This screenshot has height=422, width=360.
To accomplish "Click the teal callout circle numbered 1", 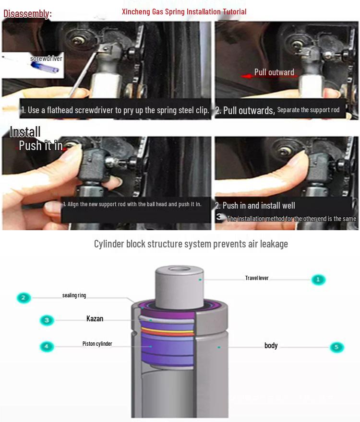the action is (x=318, y=280).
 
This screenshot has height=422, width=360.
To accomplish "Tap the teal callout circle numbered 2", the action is (x=24, y=298).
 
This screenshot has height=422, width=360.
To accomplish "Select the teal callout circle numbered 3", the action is (x=47, y=320).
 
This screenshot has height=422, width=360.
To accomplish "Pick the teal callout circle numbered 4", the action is (x=47, y=346).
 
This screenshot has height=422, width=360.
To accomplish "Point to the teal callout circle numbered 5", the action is (x=336, y=347).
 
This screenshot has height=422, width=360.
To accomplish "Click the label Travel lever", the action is (x=257, y=278).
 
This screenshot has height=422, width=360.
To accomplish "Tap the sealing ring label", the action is (x=74, y=295).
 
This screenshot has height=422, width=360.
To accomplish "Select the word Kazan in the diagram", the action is (x=95, y=318).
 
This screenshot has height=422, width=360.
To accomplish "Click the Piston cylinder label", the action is (x=97, y=344).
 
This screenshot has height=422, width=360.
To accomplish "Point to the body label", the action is (x=271, y=346).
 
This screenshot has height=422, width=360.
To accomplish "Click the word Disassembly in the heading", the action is (x=26, y=13).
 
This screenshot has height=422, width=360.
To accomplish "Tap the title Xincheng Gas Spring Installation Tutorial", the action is (x=184, y=12).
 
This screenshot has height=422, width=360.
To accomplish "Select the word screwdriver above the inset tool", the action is (x=46, y=59).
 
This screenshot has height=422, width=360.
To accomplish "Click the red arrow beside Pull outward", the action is (x=247, y=76).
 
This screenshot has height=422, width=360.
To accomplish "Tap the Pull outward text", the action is (x=274, y=72).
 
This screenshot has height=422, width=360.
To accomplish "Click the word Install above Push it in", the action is (x=25, y=132).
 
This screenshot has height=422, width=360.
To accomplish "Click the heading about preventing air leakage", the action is (x=191, y=244).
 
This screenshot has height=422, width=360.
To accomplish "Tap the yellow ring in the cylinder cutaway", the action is (x=168, y=330).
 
